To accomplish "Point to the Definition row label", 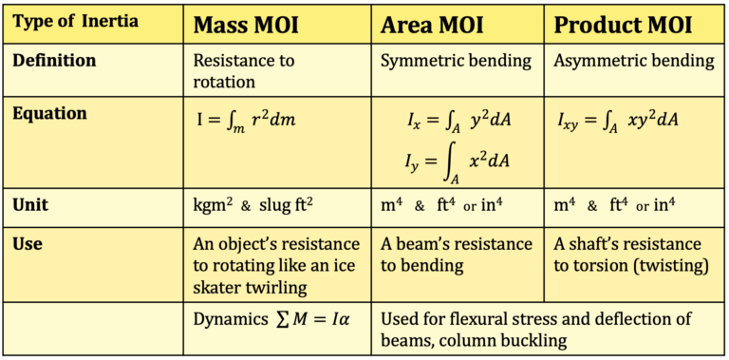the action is pos(54,60).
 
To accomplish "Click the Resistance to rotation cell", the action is pos(243,71).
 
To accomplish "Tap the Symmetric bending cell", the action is pos(456,61).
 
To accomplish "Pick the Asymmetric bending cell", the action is pos(634,61).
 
